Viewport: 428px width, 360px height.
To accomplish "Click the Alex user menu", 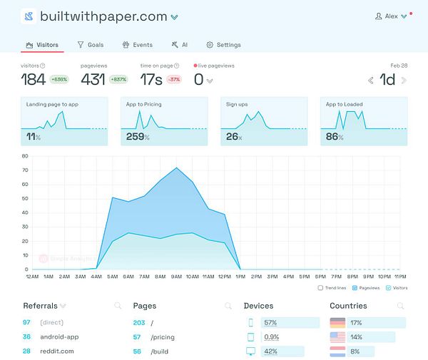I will click(x=391, y=16).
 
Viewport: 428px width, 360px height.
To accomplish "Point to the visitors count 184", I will click(x=33, y=79).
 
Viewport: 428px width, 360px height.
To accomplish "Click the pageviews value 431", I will click(x=93, y=79).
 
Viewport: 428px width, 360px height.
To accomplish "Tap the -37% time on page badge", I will click(x=173, y=79).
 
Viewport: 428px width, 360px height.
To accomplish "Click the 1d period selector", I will click(x=387, y=79).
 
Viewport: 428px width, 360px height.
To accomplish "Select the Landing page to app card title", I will click(x=52, y=104).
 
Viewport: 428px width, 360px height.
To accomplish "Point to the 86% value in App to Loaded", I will click(x=334, y=136).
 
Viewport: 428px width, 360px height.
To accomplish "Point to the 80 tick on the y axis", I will click(x=25, y=155).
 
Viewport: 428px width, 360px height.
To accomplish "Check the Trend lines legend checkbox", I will click(x=321, y=288).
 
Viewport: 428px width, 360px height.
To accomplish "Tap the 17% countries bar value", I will click(x=357, y=322).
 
